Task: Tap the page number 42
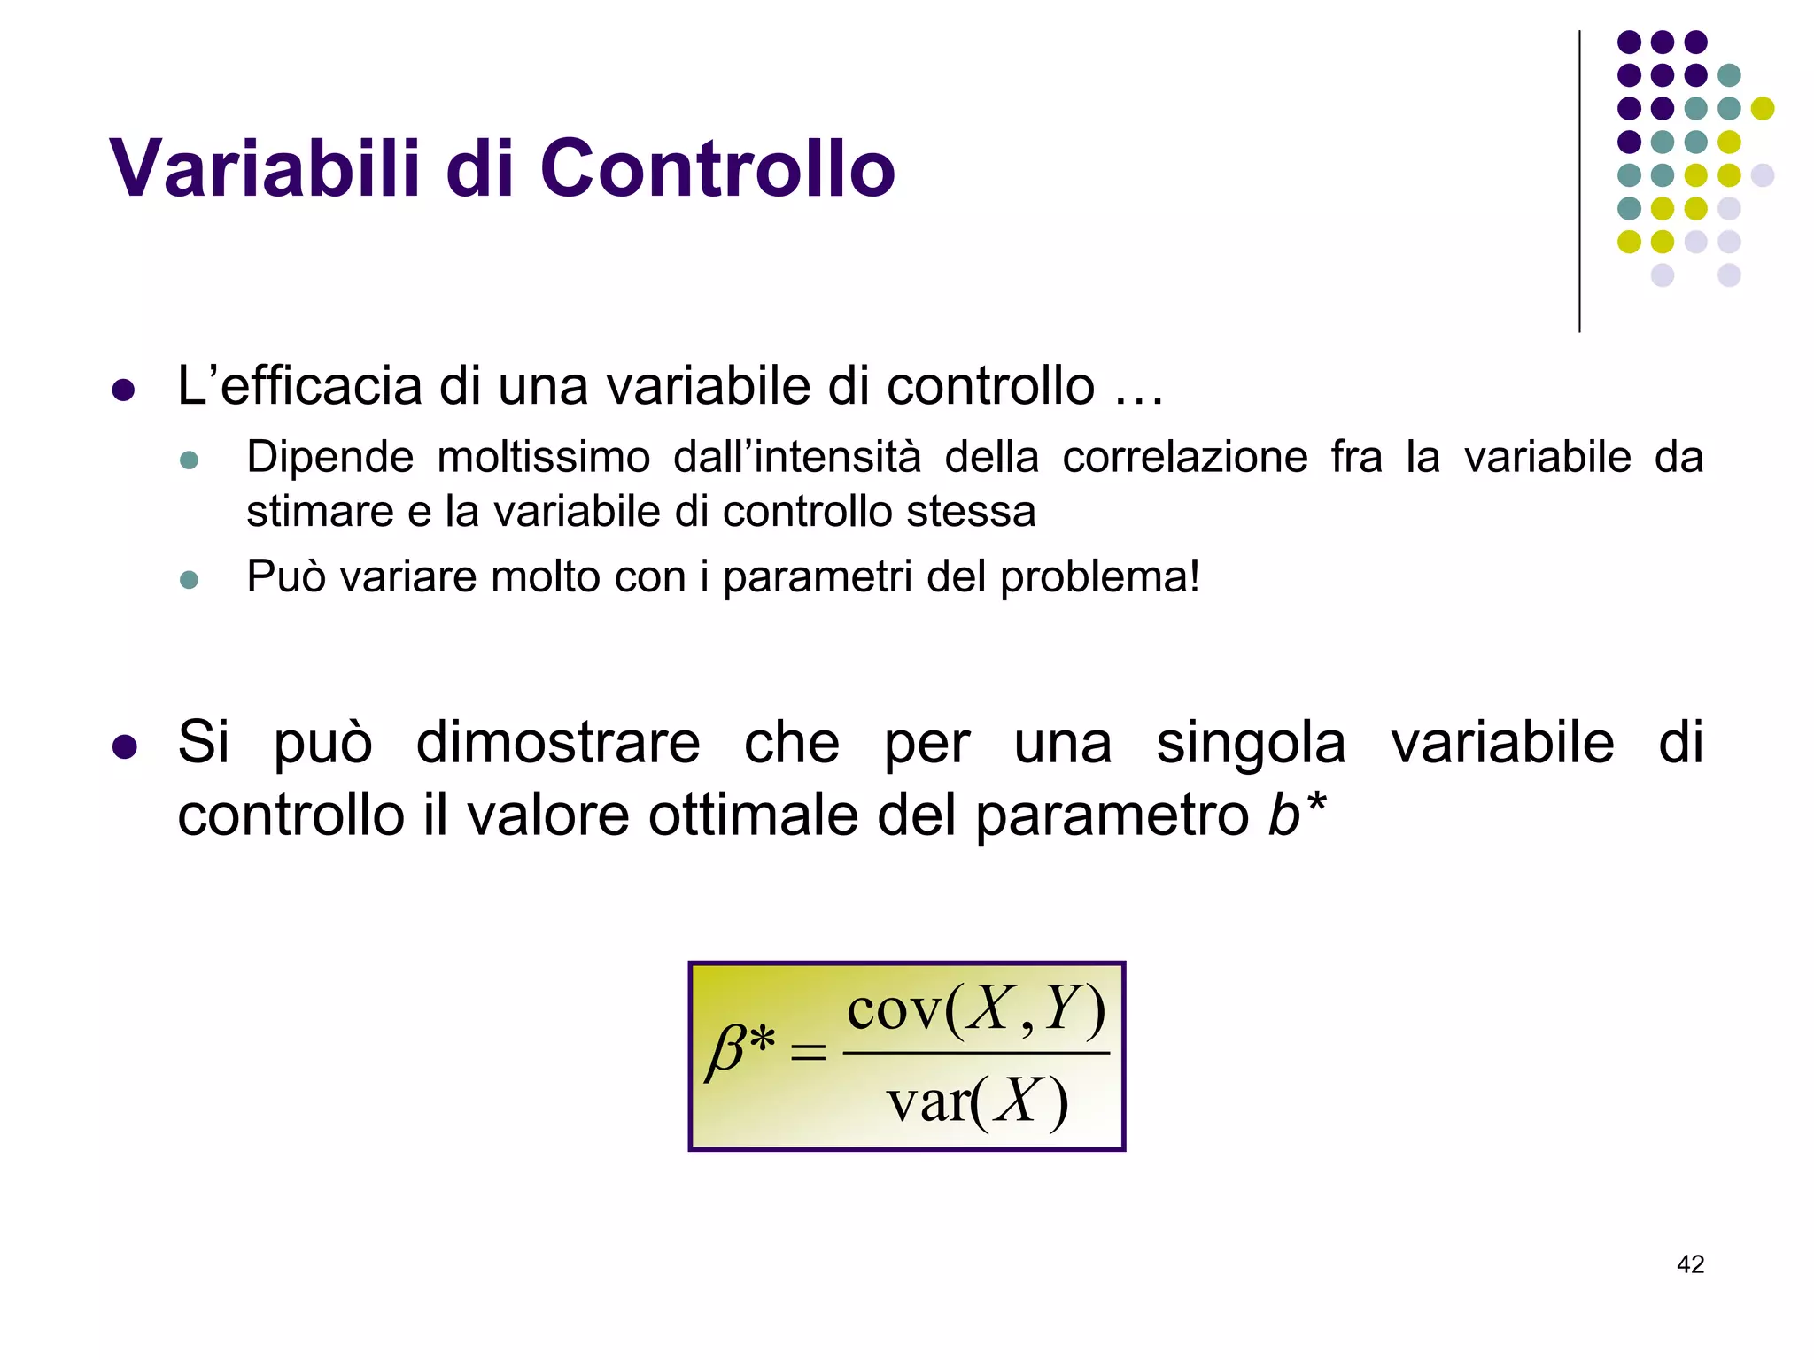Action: click(1690, 1264)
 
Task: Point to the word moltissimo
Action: click(543, 458)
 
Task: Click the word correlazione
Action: click(1185, 458)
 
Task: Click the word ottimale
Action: click(753, 815)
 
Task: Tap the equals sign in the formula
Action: click(808, 1052)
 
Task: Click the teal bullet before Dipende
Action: click(189, 460)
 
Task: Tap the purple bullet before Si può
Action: click(124, 746)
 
